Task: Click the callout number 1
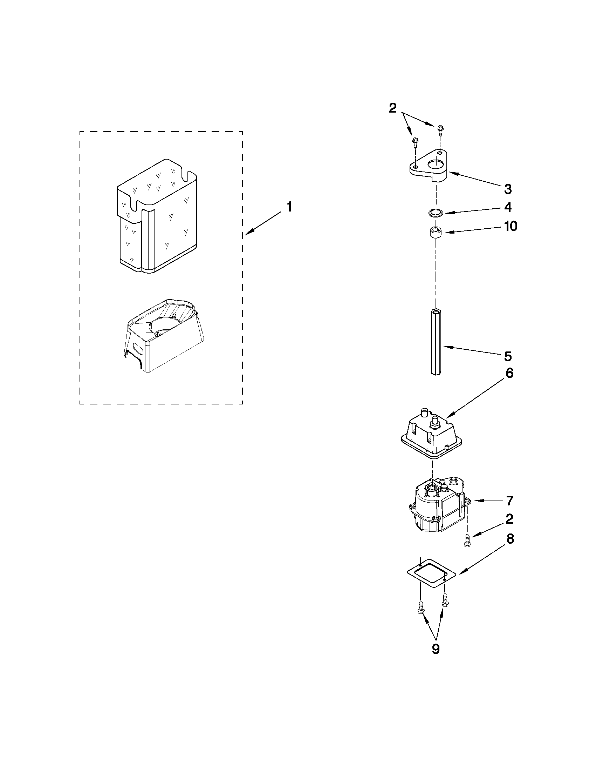[x=289, y=207]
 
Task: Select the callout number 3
[x=508, y=189]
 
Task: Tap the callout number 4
[x=508, y=207]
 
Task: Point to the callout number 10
[x=511, y=226]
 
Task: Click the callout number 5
[x=508, y=357]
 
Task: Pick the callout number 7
[x=509, y=501]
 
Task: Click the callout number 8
[x=510, y=539]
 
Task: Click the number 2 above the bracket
[x=393, y=108]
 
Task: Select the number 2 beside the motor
[x=509, y=519]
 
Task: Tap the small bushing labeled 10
[x=435, y=233]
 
